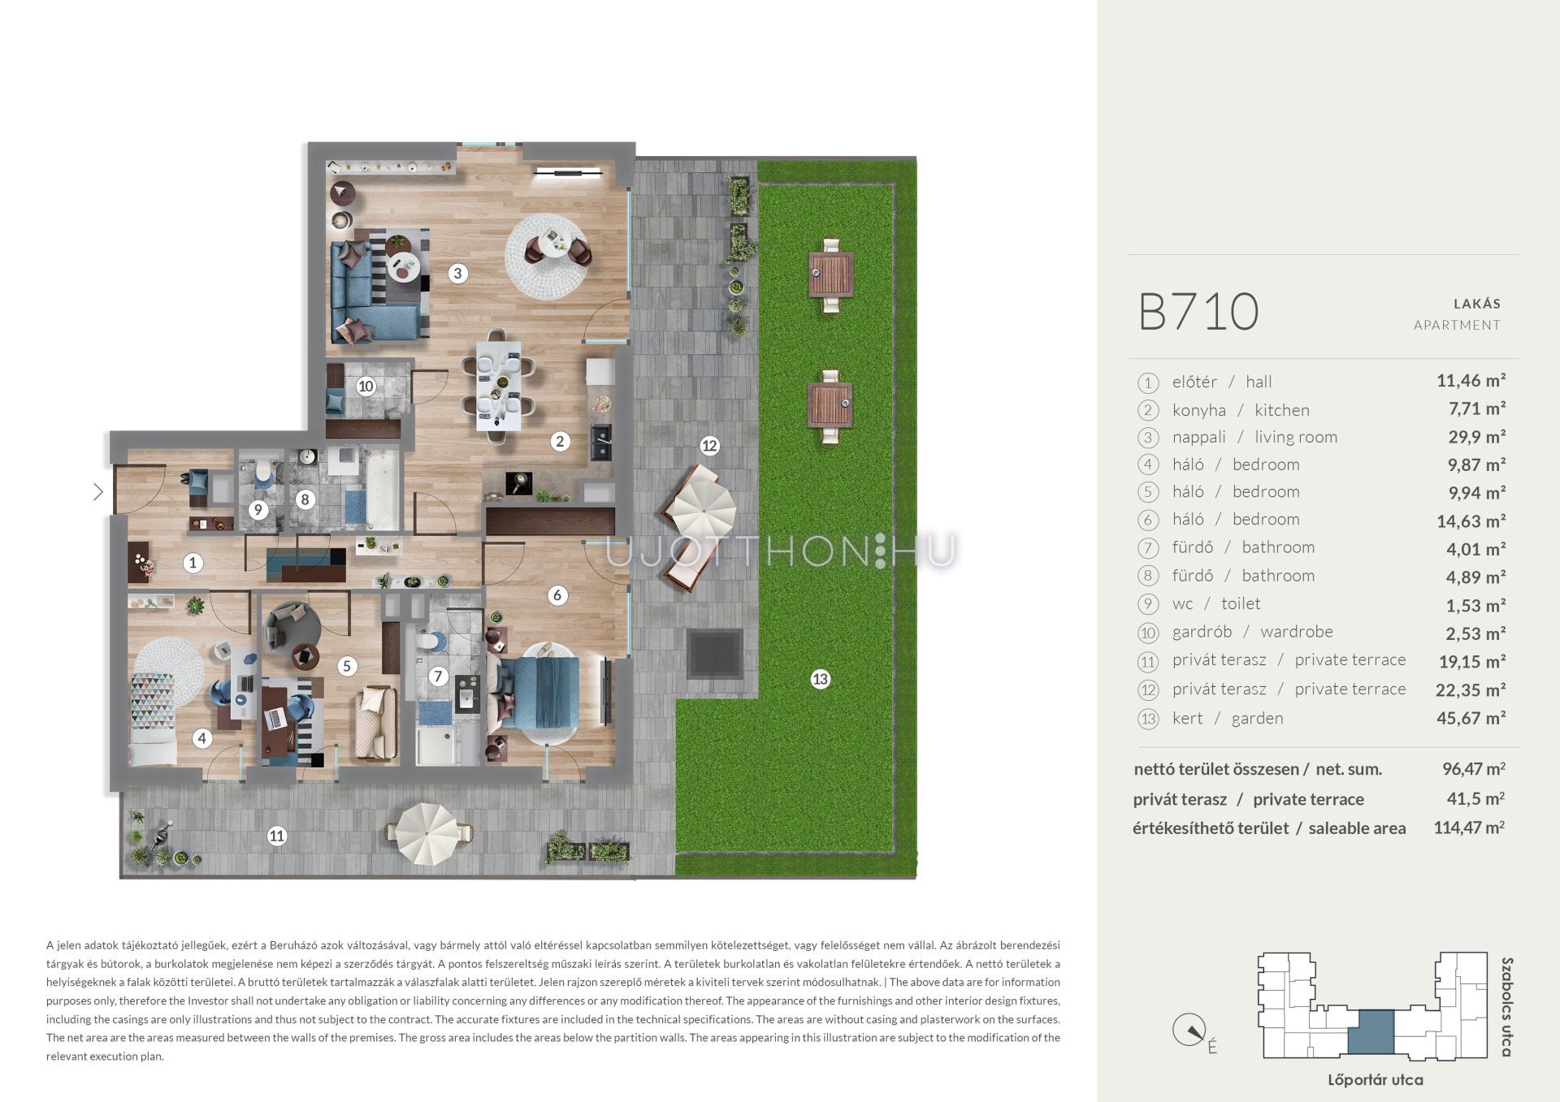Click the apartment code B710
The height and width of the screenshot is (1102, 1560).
(1198, 312)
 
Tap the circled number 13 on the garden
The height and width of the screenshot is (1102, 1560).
(820, 679)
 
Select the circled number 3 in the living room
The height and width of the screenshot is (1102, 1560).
(457, 274)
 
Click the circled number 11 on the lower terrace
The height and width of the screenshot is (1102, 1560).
(277, 836)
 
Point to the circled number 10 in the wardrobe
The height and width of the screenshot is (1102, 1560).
(366, 387)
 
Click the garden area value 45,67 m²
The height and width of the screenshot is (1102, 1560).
(1471, 718)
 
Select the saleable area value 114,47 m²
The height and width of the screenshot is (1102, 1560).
(1469, 828)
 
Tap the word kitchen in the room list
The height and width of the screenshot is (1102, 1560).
(1282, 410)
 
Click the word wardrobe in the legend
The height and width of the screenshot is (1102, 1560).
(1297, 632)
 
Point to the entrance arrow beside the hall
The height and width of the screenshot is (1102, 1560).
(98, 491)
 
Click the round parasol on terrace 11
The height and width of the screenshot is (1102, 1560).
(427, 834)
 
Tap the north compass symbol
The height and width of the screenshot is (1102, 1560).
(1189, 1031)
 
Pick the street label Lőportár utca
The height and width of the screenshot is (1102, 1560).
(1375, 1080)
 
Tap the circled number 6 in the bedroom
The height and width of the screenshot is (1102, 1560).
(557, 595)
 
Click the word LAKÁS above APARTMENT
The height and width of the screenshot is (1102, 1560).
(1476, 304)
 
